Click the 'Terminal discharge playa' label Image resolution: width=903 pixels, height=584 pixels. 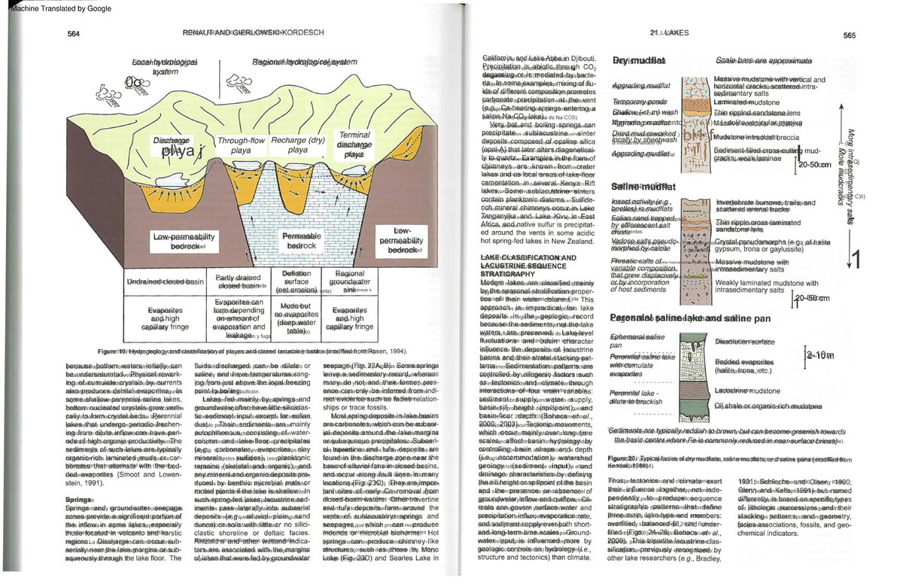[354, 144]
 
